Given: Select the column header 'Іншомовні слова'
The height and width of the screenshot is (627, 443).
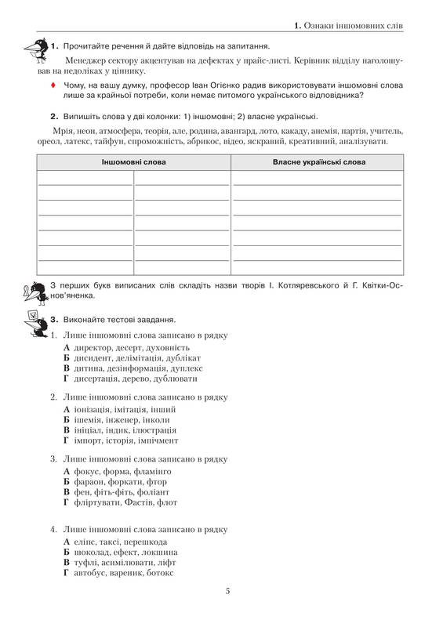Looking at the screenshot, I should click(133, 161).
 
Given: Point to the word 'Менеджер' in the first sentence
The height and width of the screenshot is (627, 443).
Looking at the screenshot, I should click(88, 60).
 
